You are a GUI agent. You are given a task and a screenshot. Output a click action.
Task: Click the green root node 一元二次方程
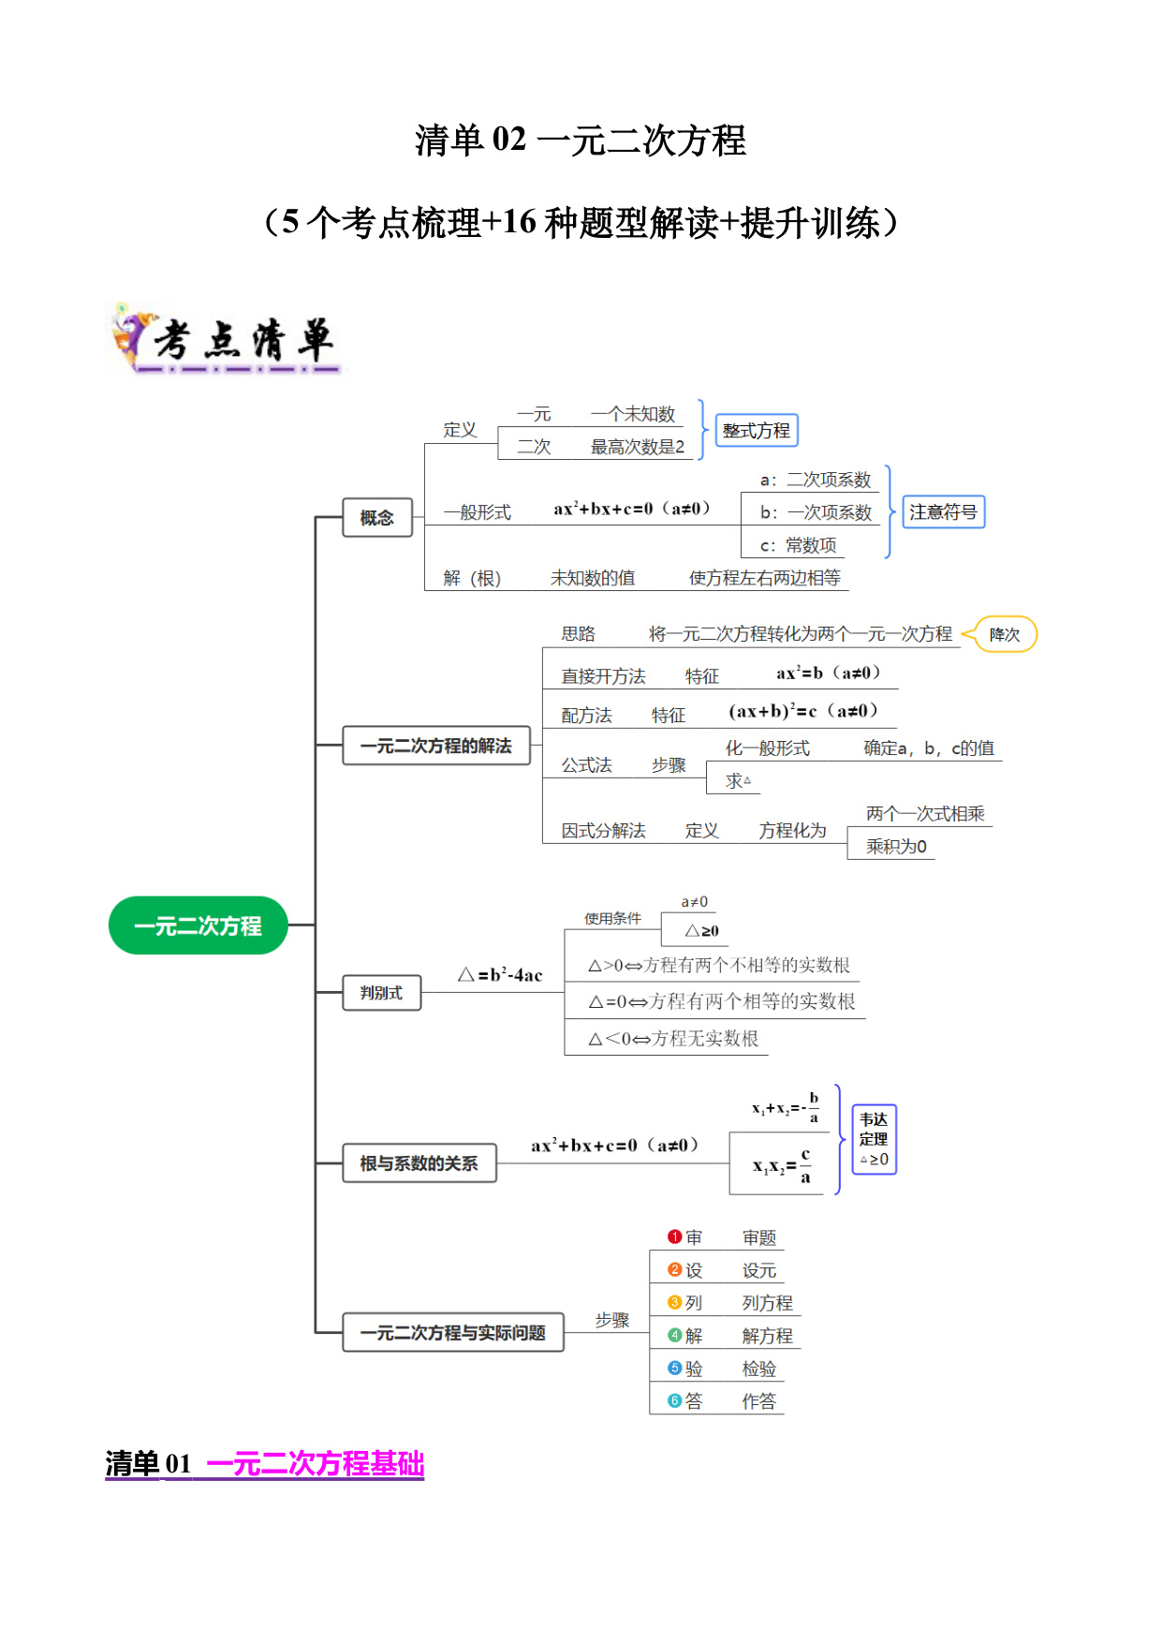(199, 925)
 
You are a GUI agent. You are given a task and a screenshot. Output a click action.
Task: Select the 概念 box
(377, 517)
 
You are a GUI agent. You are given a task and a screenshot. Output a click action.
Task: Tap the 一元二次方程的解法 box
(436, 746)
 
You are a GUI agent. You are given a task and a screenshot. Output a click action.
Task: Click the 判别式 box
(381, 993)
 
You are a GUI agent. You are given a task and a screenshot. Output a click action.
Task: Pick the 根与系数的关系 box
(419, 1163)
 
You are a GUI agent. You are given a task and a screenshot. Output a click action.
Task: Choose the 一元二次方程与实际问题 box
(453, 1332)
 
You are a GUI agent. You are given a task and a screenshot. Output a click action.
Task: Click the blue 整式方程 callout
(757, 431)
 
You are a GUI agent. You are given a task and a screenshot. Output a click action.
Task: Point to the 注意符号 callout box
(944, 512)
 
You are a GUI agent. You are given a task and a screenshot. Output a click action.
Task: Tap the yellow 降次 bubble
(1005, 634)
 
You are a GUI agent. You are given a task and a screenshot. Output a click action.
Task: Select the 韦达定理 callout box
(875, 1139)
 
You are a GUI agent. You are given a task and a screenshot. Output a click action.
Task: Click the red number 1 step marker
(674, 1237)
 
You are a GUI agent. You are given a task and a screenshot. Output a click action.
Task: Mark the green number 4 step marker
(674, 1336)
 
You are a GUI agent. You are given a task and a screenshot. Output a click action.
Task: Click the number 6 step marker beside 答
(674, 1401)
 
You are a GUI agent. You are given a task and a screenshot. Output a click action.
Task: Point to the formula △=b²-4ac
(500, 975)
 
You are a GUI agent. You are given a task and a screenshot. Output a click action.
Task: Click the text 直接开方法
(604, 676)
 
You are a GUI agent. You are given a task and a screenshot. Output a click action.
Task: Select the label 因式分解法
(604, 831)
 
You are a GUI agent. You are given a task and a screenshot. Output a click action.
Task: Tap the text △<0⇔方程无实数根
(673, 1039)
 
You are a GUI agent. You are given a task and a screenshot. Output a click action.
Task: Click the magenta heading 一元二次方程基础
(316, 1463)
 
